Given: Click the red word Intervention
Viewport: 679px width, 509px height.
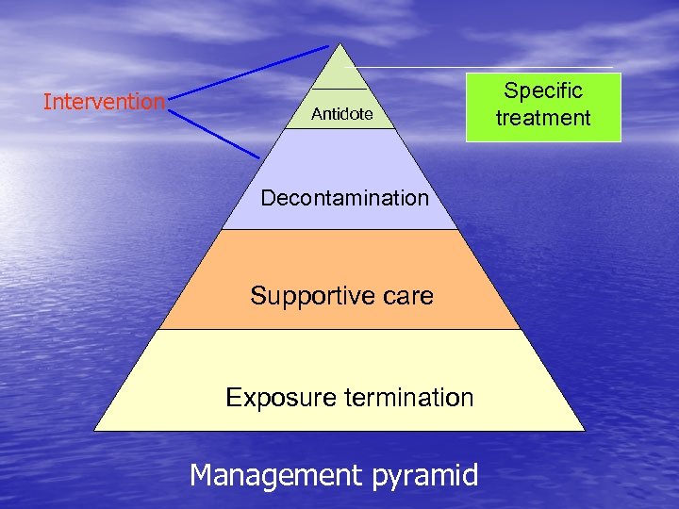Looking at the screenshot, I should click(x=104, y=102).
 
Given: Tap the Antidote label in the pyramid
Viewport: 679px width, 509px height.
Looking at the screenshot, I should click(x=341, y=115).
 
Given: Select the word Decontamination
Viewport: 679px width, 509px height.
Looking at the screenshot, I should click(x=344, y=198).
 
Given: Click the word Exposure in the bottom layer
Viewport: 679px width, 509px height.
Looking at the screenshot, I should click(x=268, y=398).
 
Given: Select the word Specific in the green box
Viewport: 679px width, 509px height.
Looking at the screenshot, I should click(x=543, y=91).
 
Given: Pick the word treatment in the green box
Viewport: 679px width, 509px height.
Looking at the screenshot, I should click(x=543, y=118).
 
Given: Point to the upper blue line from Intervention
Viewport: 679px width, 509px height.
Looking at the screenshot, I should click(x=250, y=70).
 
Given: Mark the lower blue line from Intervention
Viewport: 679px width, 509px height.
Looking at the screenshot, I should click(x=217, y=131).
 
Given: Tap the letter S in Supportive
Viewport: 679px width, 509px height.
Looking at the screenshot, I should click(x=257, y=296).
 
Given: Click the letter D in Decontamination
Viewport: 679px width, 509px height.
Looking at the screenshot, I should click(x=268, y=198).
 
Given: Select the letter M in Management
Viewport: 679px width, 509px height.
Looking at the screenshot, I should click(x=202, y=474).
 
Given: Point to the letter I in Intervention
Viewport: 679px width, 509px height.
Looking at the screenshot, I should click(x=46, y=102).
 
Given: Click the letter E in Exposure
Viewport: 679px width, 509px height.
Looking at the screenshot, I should click(x=233, y=398).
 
